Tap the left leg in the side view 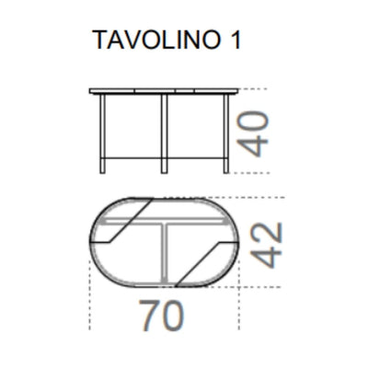(x=104, y=133)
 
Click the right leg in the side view (x=226, y=133)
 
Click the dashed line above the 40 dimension (x=248, y=88)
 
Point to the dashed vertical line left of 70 (x=90, y=299)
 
